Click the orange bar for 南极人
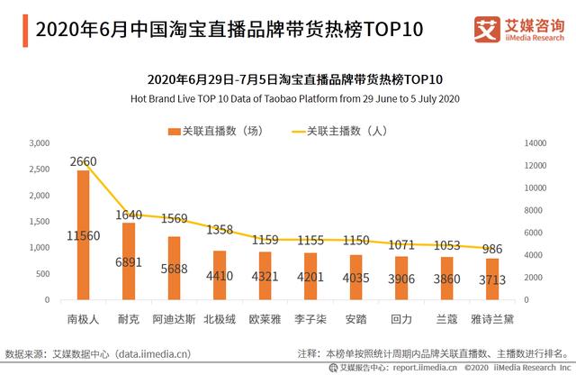point(83,234)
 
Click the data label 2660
point(83,162)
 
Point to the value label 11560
point(83,236)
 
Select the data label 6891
point(129,261)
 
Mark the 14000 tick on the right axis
point(535,143)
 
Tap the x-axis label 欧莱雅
point(267,318)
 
